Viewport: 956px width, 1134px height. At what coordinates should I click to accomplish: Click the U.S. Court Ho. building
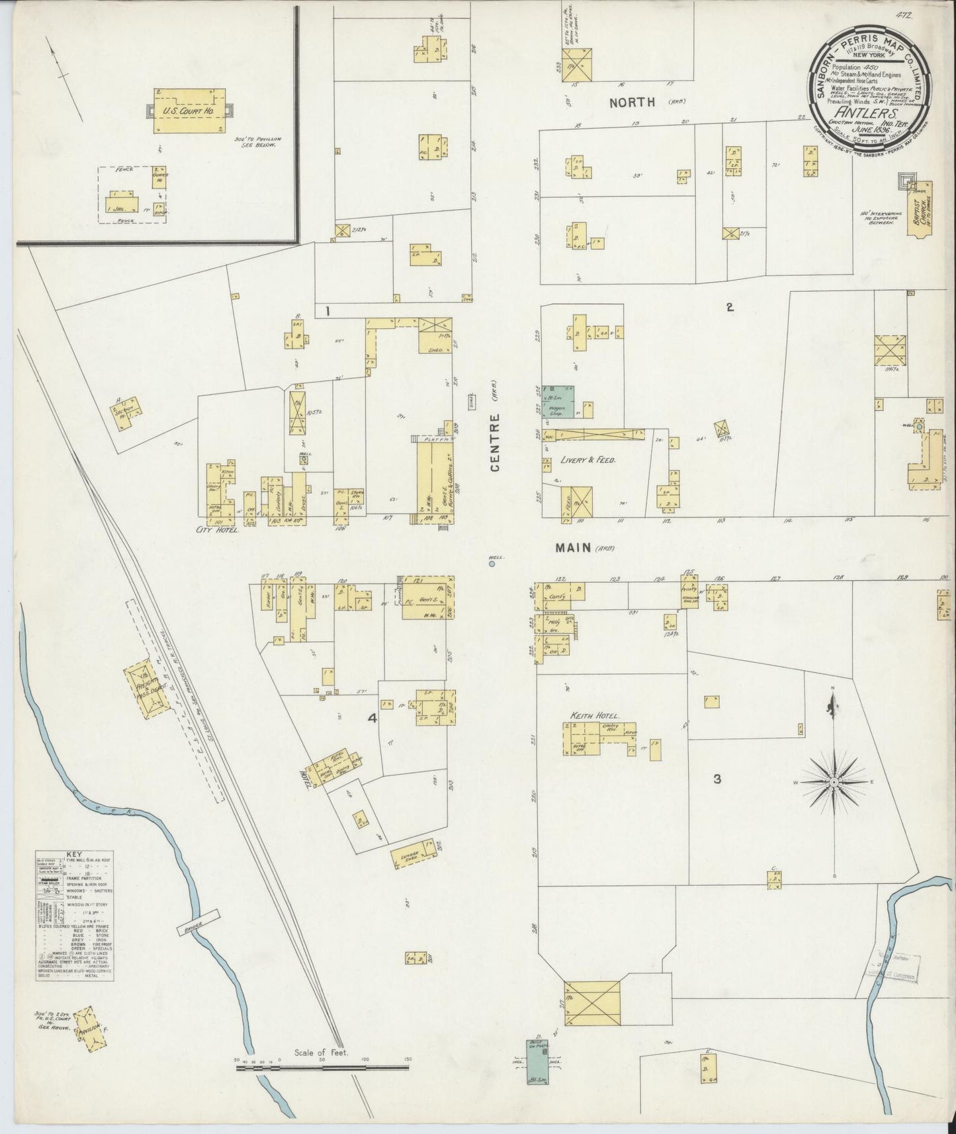[x=188, y=110]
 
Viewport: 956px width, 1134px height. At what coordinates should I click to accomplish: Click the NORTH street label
[x=632, y=102]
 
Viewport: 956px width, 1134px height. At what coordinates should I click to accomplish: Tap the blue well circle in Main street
[x=492, y=564]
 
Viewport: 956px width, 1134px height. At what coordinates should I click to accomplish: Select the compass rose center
[x=834, y=783]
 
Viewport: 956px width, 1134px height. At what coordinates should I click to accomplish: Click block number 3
[x=717, y=779]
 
